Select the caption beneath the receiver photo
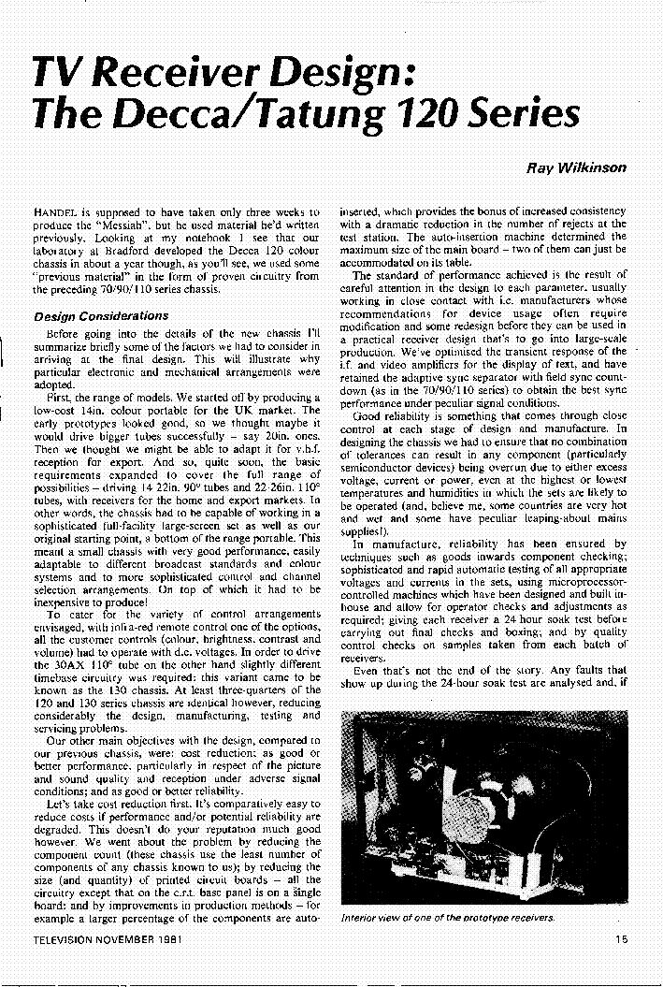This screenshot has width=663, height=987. point(447,918)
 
